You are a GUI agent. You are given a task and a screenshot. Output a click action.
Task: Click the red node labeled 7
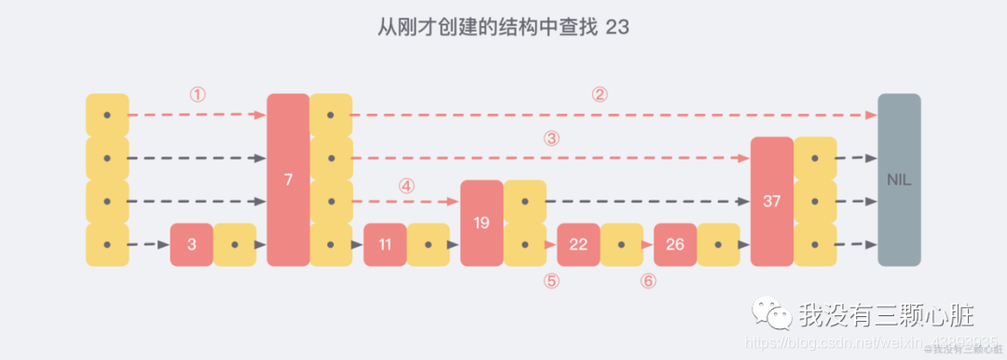click(288, 180)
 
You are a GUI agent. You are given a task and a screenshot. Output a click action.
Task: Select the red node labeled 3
click(191, 245)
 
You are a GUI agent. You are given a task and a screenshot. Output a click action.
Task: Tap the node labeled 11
click(385, 245)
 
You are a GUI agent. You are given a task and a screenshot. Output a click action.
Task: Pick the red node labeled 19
click(482, 223)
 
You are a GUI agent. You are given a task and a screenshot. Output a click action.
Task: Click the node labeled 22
click(578, 245)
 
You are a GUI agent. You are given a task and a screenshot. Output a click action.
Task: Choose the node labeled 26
click(675, 245)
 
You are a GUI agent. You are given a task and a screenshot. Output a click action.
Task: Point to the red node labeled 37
click(771, 201)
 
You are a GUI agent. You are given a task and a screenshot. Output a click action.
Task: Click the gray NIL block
click(899, 180)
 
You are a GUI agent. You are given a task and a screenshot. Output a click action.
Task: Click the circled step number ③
click(551, 138)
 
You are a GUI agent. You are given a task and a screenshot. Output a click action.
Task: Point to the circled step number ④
click(406, 185)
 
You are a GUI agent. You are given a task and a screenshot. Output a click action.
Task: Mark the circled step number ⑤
click(552, 281)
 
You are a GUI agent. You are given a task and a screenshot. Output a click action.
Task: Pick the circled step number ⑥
click(649, 281)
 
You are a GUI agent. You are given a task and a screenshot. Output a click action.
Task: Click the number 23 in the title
click(616, 27)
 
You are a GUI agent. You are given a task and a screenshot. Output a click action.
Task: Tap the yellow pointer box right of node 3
click(235, 245)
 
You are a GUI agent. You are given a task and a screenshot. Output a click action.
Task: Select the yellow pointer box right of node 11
click(428, 245)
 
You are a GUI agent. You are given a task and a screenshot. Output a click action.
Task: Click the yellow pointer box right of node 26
click(719, 245)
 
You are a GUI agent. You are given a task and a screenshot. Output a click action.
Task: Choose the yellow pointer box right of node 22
click(622, 245)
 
